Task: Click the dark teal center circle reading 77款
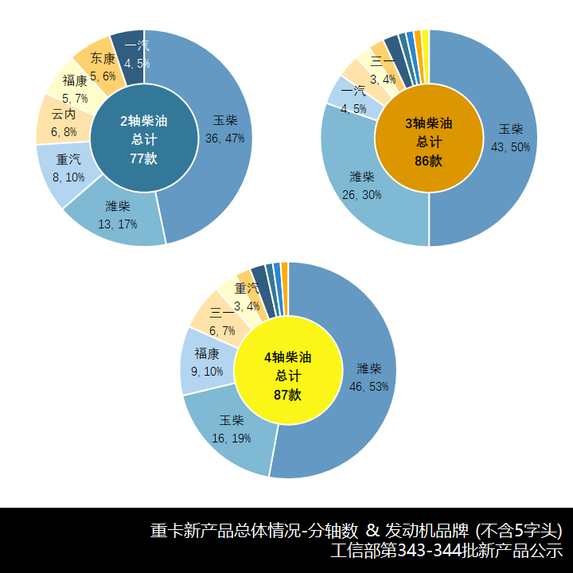click(x=143, y=138)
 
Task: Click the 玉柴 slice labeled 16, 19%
click(x=231, y=434)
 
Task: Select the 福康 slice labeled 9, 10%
click(x=206, y=362)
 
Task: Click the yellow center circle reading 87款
click(x=288, y=370)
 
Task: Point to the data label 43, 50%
click(x=511, y=147)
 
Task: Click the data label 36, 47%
click(x=224, y=138)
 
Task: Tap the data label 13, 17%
click(x=117, y=224)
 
